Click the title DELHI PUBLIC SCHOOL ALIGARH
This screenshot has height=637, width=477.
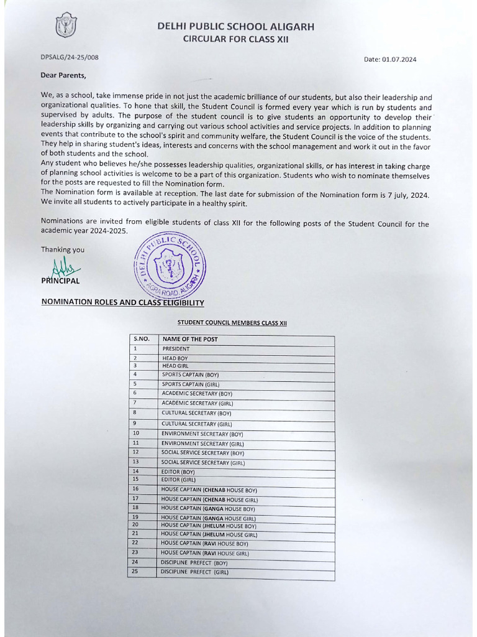coord(235,27)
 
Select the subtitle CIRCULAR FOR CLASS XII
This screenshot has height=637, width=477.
coord(235,39)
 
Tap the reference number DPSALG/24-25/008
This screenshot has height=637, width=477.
coord(70,58)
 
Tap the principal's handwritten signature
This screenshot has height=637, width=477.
coord(65,268)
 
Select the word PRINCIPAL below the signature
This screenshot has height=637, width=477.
coord(60,281)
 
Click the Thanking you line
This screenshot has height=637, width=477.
coord(63,250)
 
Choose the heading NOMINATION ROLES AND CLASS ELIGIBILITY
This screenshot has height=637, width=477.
coord(122,302)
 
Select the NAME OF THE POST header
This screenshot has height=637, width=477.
coord(190,339)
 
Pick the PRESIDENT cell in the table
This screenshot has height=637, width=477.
coord(176,349)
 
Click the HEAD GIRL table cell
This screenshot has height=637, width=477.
coord(175,366)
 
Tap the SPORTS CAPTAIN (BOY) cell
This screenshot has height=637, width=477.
coord(190,375)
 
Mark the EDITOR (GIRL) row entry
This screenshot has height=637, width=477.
coord(178,480)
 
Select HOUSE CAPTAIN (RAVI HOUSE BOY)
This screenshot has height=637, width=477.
coord(204,543)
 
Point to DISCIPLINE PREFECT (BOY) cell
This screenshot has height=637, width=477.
coord(194,562)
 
